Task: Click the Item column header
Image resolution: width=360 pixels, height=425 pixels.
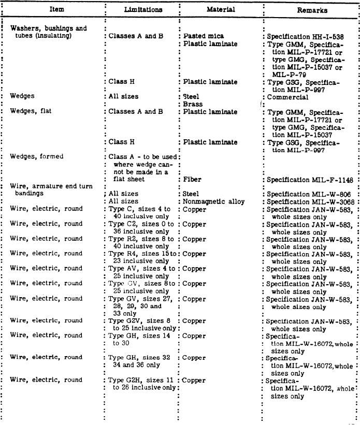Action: pyautogui.click(x=57, y=9)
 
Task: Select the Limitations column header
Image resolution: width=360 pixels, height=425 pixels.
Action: pyautogui.click(x=143, y=9)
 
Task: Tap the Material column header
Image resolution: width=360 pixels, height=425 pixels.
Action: pyautogui.click(x=221, y=9)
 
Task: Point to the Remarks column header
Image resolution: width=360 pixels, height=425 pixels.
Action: pyautogui.click(x=312, y=10)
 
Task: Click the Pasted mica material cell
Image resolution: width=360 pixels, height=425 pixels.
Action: pyautogui.click(x=204, y=37)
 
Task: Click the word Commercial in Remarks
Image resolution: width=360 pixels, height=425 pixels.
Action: pyautogui.click(x=289, y=97)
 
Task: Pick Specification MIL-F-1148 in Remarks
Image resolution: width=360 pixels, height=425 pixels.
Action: pyautogui.click(x=310, y=180)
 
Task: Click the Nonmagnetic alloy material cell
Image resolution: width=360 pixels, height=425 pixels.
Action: pyautogui.click(x=213, y=201)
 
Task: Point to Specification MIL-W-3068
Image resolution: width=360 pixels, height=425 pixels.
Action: pyautogui.click(x=309, y=201)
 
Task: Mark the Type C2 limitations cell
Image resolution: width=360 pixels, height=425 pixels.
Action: pyautogui.click(x=142, y=228)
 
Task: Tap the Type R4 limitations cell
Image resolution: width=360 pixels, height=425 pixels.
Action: pyautogui.click(x=142, y=258)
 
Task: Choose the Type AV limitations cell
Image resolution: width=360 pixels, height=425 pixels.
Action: pyautogui.click(x=142, y=272)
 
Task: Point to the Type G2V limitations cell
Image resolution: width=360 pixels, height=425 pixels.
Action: pyautogui.click(x=142, y=325)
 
